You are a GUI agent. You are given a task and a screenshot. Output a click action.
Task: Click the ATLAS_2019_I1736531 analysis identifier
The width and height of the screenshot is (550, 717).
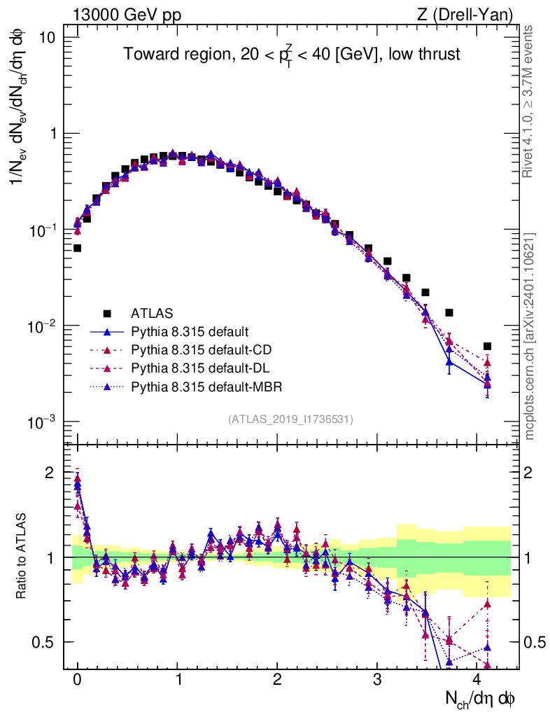tap(290, 419)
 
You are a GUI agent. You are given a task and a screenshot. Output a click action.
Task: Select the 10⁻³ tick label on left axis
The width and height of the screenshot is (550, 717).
tap(45, 422)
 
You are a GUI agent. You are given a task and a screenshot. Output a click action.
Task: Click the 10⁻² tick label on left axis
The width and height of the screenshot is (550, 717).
tap(45, 326)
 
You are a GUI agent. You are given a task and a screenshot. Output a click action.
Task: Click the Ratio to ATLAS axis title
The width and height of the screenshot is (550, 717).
tap(22, 557)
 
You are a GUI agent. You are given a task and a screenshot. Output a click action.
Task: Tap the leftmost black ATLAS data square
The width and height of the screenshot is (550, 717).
tap(77, 248)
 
